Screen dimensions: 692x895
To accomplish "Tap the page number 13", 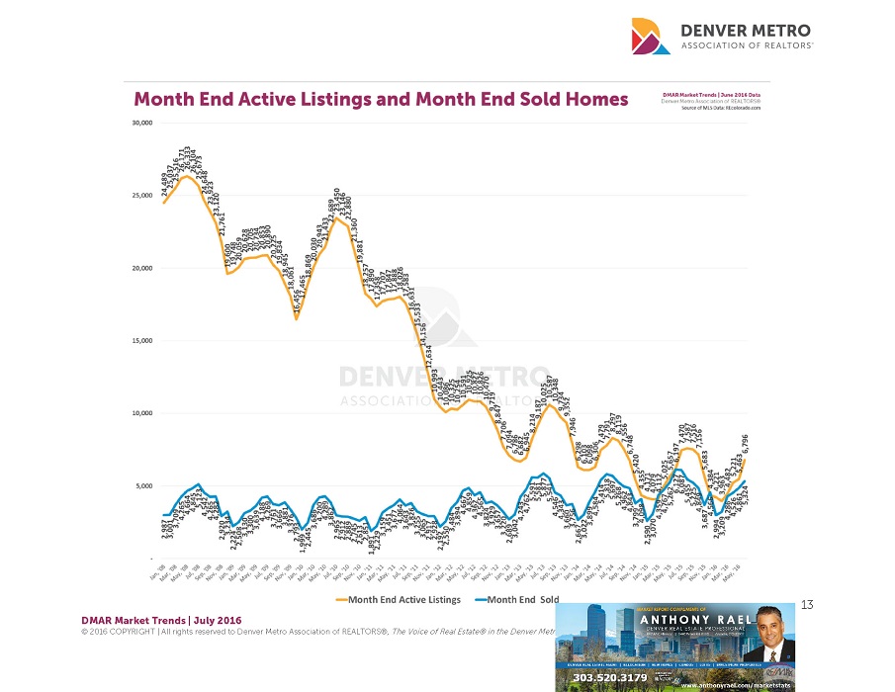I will tap(806, 605).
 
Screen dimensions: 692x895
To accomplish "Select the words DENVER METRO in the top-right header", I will tap(747, 30).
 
